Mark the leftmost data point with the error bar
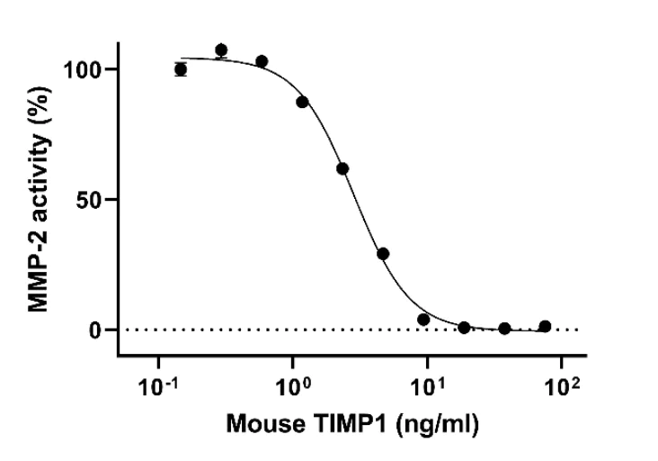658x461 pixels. [181, 69]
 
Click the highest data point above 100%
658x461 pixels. [221, 50]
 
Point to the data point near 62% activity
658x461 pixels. [342, 168]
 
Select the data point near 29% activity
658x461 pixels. [383, 254]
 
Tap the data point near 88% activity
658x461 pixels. [302, 102]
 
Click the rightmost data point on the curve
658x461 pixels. [545, 326]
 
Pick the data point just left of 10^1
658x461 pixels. [423, 320]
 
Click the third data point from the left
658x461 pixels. [262, 61]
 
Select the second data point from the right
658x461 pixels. [504, 329]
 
